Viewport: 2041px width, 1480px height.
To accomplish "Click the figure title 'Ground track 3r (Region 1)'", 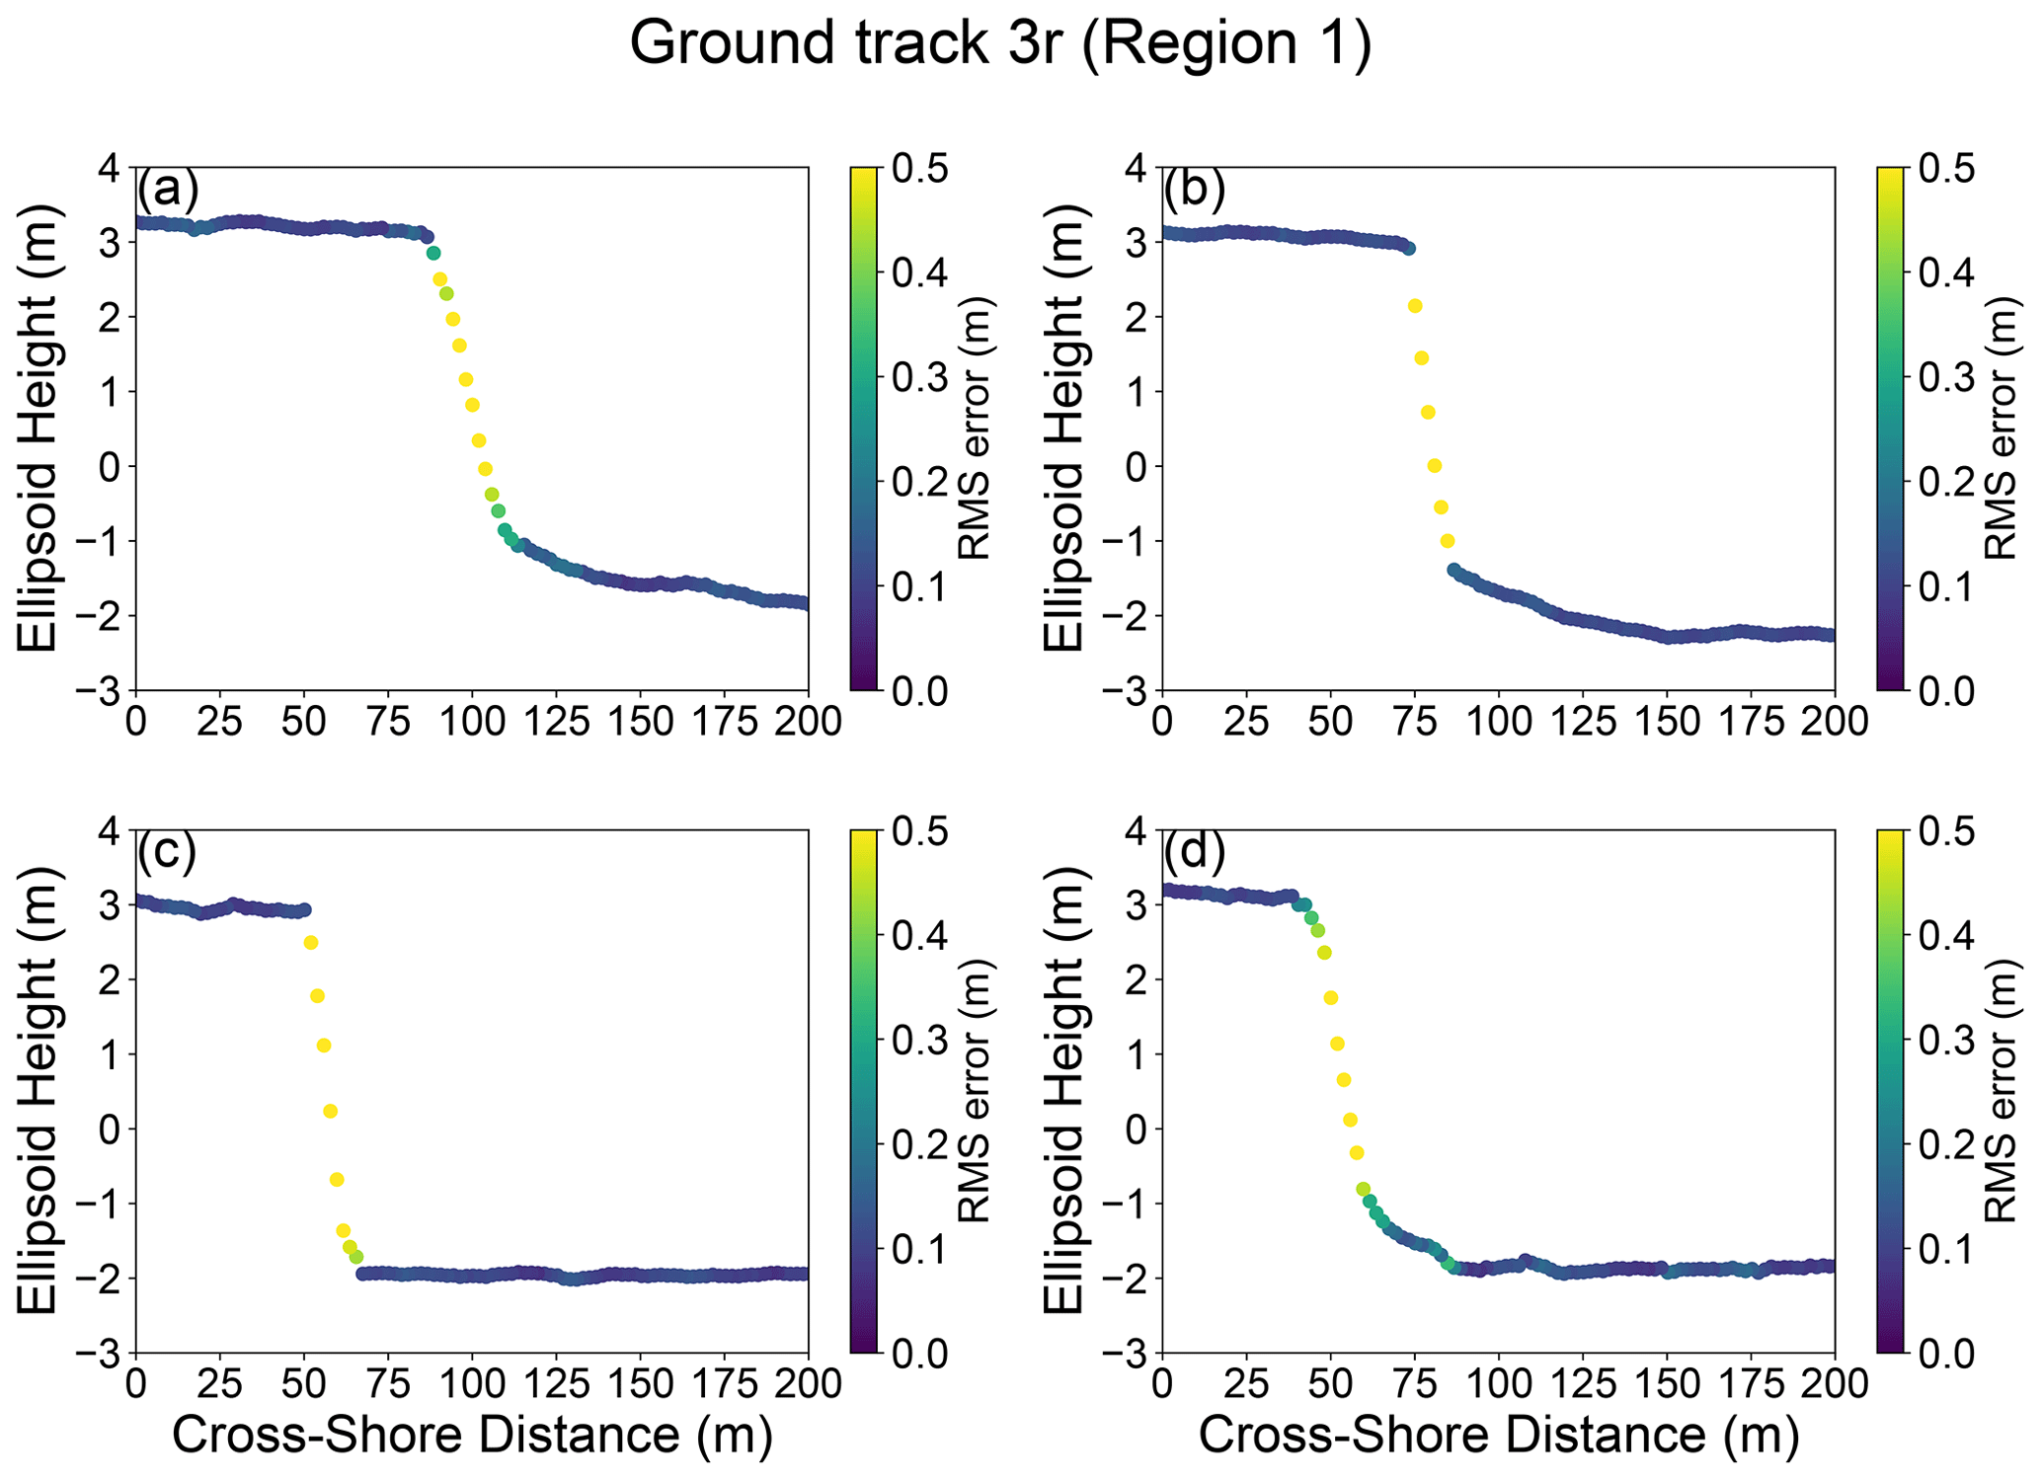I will tap(1000, 44).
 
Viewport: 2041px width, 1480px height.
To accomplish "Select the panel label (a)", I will tap(168, 188).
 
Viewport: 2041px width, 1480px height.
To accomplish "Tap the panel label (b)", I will tap(1195, 188).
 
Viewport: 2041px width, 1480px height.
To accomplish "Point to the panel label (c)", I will tap(168, 850).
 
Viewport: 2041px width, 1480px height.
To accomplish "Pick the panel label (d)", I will tap(1195, 850).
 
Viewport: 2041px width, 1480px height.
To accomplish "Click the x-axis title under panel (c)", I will tap(472, 1434).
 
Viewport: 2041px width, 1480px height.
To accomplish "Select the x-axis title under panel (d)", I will tap(1498, 1434).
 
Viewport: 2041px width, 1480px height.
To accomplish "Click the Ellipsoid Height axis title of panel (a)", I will tap(39, 428).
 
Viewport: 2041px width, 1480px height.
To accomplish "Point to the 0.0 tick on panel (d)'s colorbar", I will tap(1946, 1353).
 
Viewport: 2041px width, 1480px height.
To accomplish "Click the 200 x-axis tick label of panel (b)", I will tap(1835, 722).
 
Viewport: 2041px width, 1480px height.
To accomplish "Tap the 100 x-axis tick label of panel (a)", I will tap(472, 722).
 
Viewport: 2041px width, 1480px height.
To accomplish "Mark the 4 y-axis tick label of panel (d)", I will tap(1136, 831).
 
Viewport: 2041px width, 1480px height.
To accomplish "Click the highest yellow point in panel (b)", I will tap(1415, 306).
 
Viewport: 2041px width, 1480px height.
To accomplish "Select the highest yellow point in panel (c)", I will tap(310, 943).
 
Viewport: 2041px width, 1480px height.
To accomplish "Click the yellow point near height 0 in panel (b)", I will tap(1435, 465).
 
